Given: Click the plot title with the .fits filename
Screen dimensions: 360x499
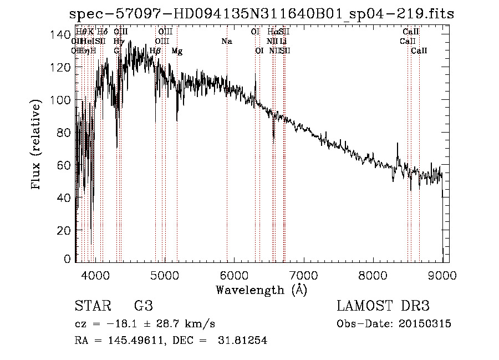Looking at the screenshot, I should coord(261,14).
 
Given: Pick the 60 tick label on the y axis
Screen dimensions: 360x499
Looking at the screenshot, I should coord(64,165).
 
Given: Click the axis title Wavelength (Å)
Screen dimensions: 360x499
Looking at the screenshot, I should coord(261,290).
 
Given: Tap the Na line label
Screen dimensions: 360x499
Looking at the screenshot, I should coord(226,42).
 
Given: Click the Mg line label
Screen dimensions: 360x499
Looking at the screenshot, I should coord(177,51).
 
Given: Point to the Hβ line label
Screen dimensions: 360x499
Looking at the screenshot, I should coord(155,51).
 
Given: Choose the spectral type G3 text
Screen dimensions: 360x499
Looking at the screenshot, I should coord(143,306).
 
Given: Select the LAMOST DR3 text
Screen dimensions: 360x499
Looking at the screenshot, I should coord(383,306).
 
